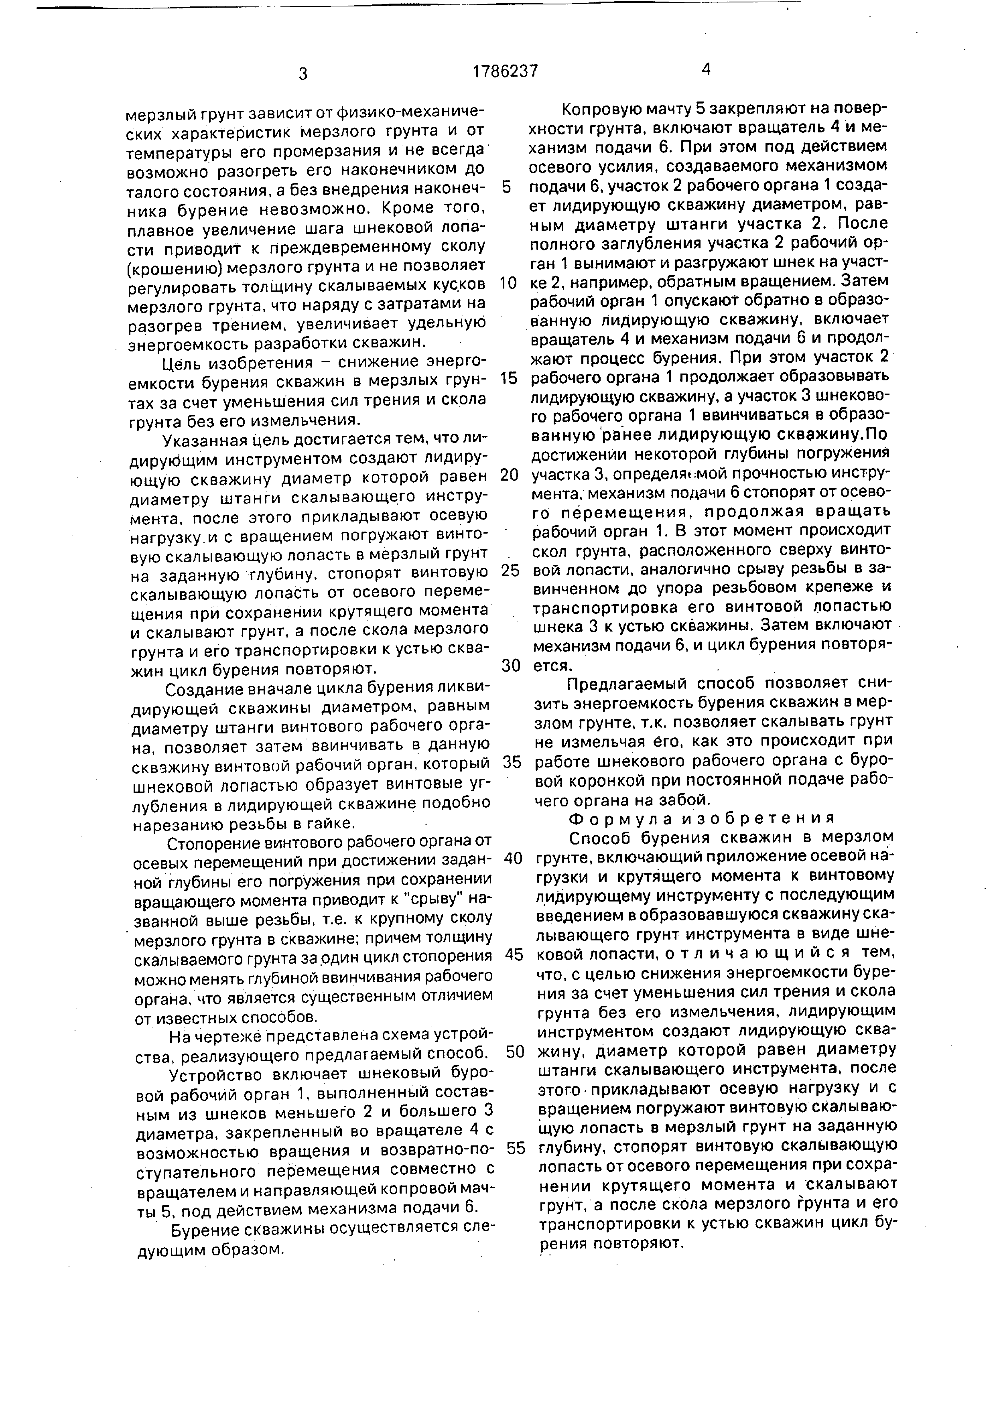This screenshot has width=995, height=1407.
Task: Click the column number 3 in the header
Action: point(303,74)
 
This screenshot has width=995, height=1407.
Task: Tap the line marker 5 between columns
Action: point(506,187)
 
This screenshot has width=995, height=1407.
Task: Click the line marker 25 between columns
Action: point(510,571)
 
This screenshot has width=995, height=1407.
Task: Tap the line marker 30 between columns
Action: point(510,666)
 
